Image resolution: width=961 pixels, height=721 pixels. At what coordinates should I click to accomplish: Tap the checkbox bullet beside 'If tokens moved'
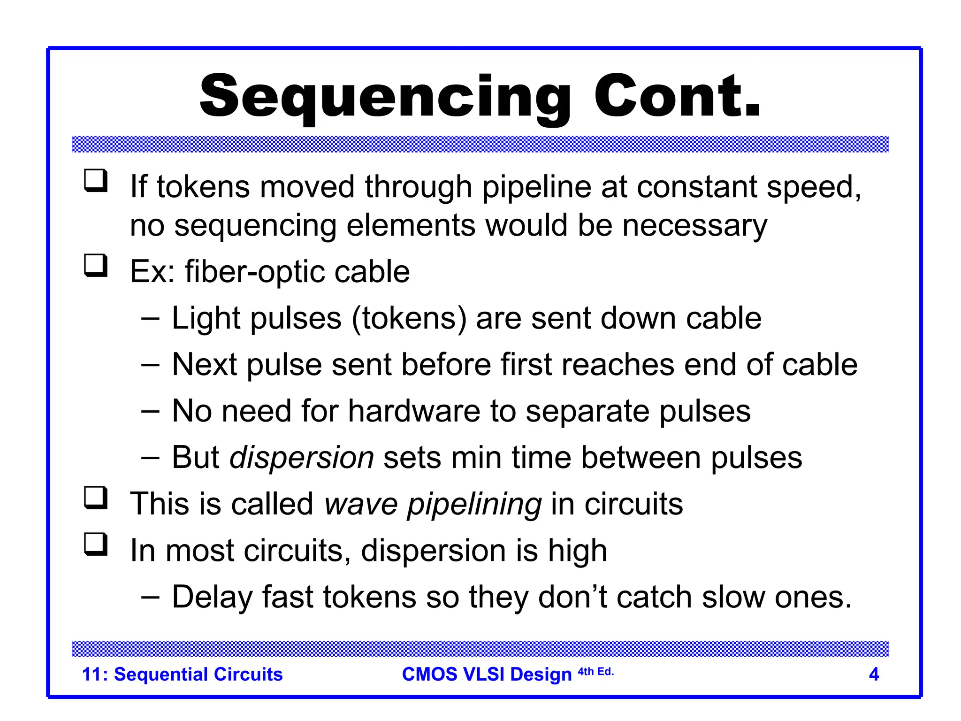click(x=96, y=181)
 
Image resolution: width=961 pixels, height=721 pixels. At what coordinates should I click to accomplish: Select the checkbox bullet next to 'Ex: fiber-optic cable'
click(x=96, y=265)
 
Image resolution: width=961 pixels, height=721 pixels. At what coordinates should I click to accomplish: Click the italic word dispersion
click(x=301, y=458)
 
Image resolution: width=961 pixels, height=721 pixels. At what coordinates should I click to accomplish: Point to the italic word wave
click(x=361, y=504)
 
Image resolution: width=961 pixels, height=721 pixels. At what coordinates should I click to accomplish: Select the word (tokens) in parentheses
click(x=409, y=319)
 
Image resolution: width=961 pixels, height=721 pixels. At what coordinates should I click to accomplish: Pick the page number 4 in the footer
click(x=874, y=674)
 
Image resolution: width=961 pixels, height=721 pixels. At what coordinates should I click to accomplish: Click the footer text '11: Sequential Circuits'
click(x=182, y=674)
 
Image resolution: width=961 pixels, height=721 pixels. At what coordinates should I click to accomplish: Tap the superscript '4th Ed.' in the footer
click(x=595, y=672)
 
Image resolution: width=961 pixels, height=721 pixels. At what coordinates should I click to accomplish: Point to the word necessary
click(x=694, y=226)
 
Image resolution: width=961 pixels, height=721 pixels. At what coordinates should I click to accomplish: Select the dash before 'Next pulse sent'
click(x=150, y=365)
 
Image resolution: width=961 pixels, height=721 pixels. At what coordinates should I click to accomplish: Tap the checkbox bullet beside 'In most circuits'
click(x=96, y=544)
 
